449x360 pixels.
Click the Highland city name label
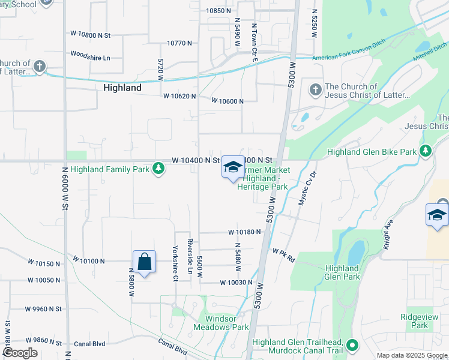point(122,88)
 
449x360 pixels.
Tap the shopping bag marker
point(144,262)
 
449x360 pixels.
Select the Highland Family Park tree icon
point(158,169)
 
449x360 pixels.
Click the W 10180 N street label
point(244,232)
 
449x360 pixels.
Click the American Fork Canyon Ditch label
point(350,57)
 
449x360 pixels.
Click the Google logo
point(20,353)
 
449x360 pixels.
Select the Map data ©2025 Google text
point(411,355)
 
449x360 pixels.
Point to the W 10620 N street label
point(180,96)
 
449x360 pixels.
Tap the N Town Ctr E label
point(255,38)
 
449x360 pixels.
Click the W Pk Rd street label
point(284,256)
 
